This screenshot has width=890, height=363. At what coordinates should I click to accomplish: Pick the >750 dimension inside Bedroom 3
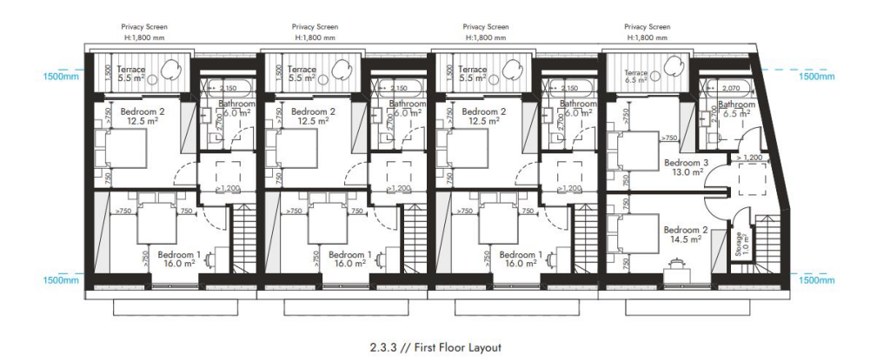[667, 138]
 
